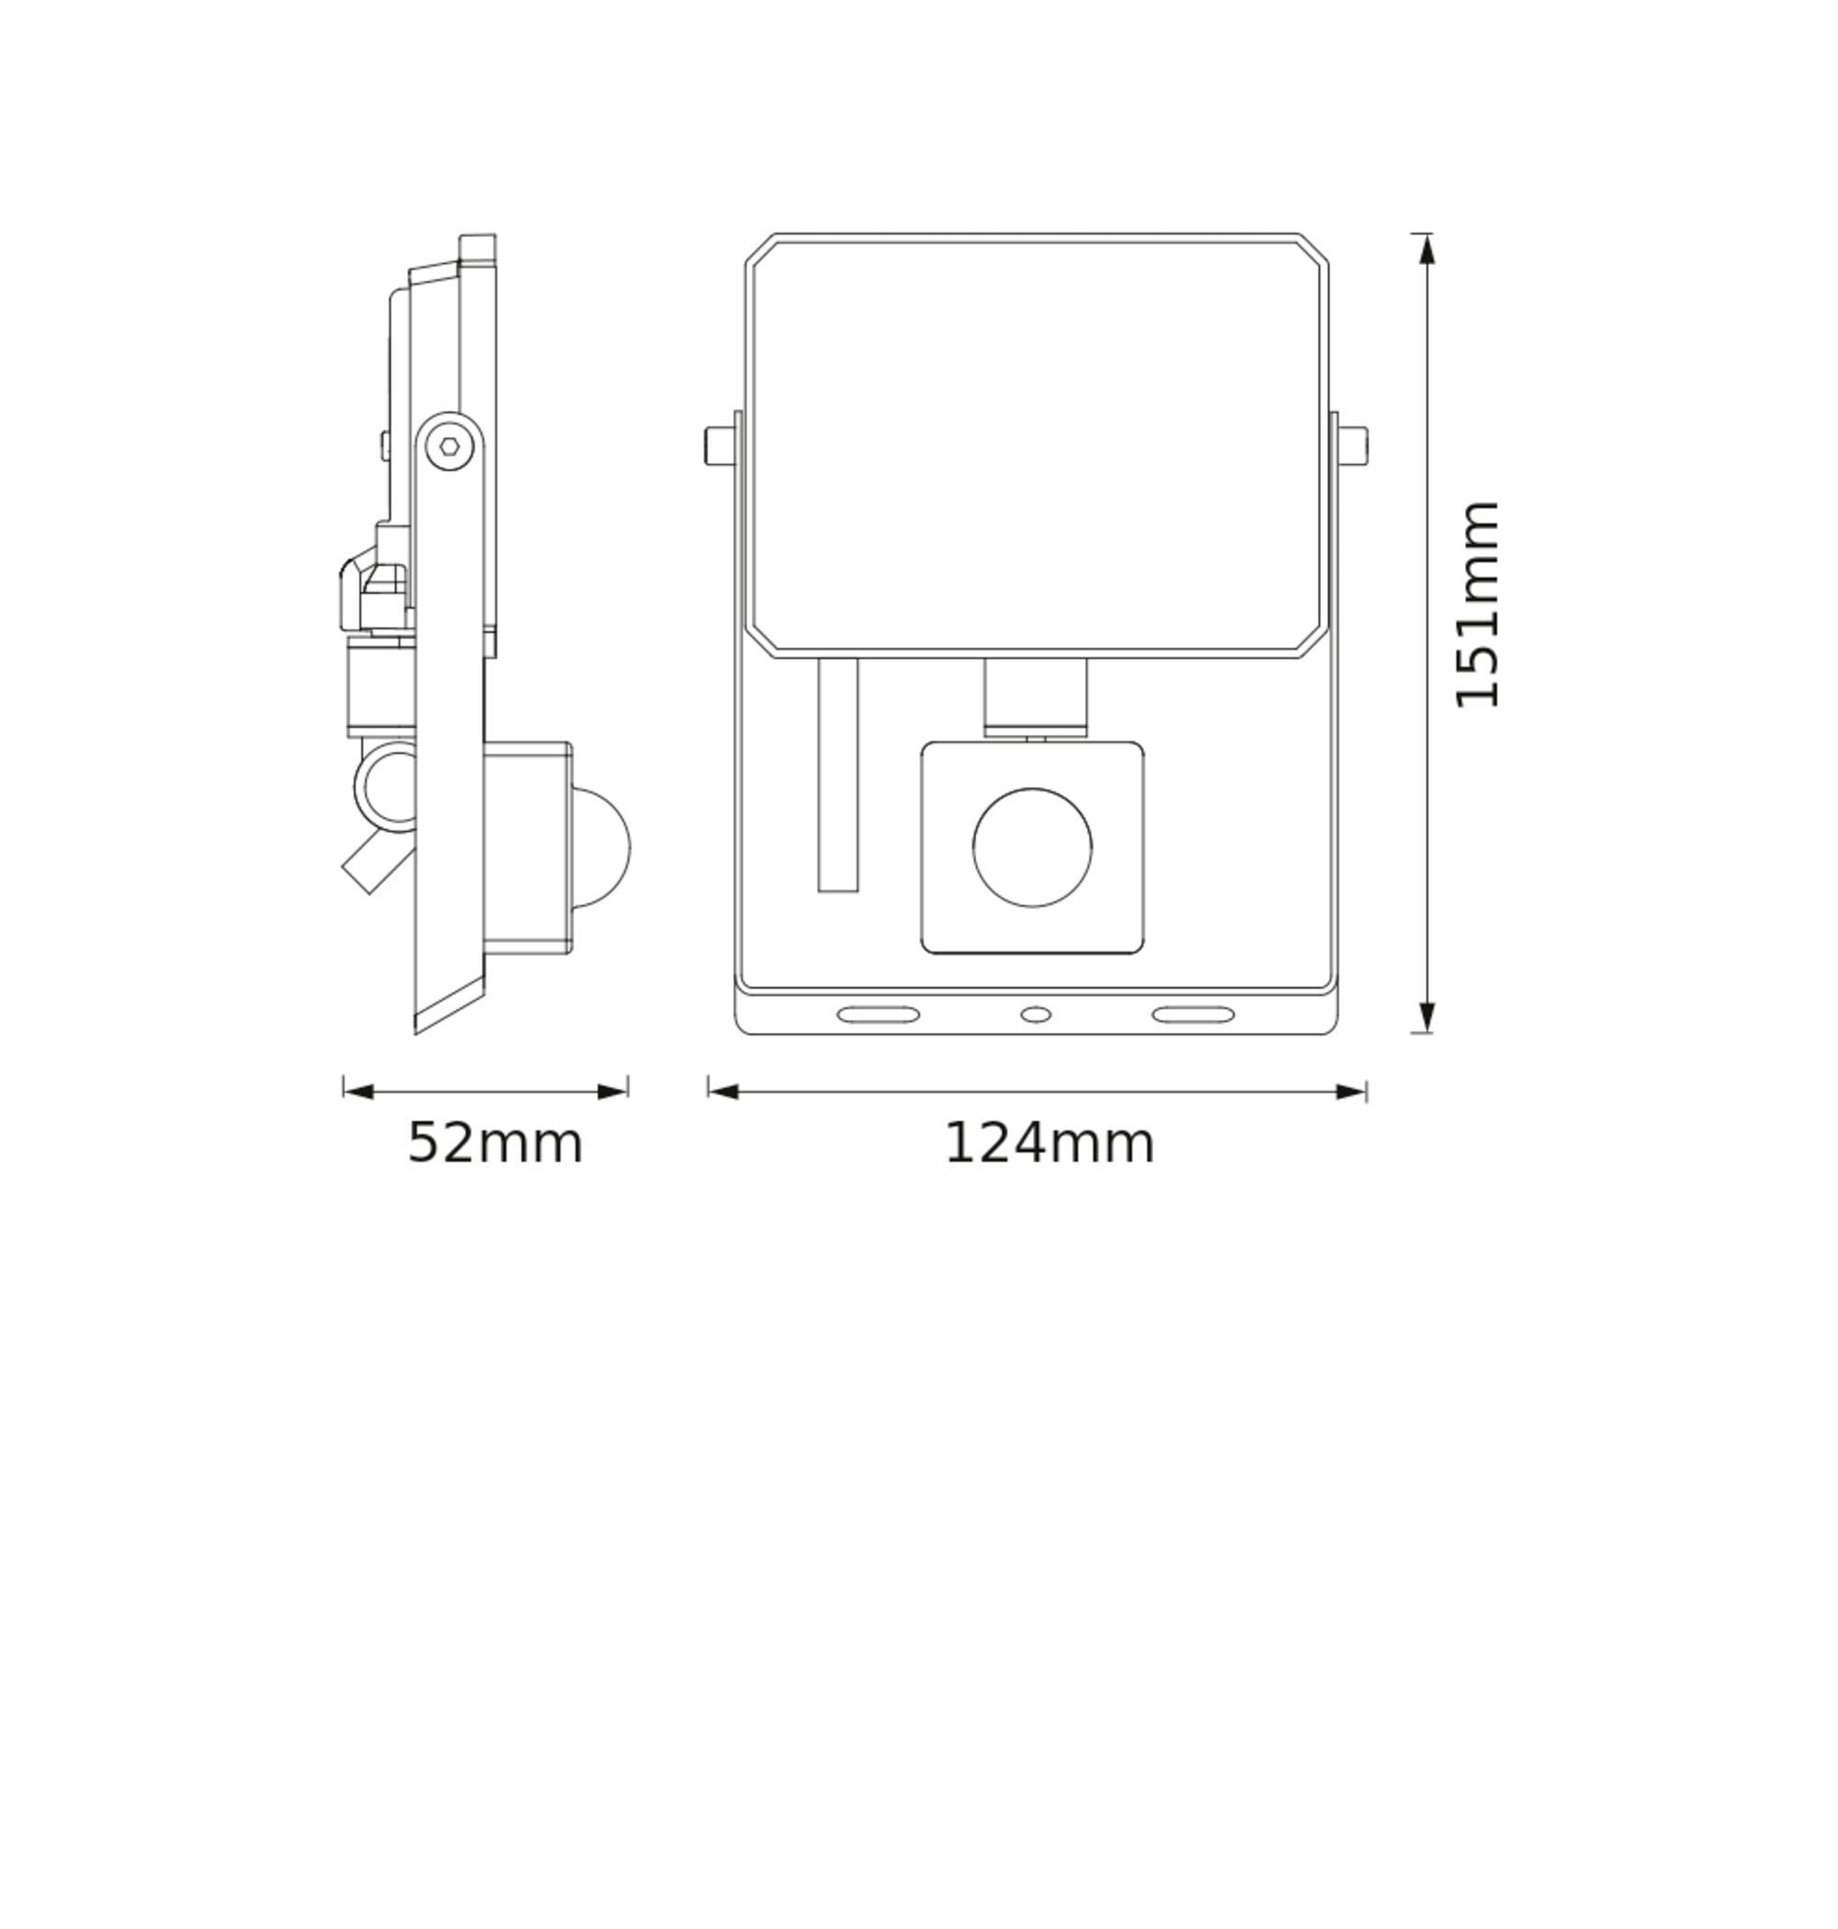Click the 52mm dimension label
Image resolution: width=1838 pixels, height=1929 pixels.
pos(494,1143)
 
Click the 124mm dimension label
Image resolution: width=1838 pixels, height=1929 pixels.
pos(1049,1143)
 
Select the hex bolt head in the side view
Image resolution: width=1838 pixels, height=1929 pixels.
pos(448,447)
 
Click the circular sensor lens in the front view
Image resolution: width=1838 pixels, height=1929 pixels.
pos(1032,847)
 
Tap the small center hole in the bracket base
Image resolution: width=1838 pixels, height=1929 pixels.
pos(1036,1015)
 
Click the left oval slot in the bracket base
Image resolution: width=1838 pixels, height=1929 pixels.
pos(878,1015)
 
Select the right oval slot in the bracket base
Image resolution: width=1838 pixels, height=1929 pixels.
pos(1192,1015)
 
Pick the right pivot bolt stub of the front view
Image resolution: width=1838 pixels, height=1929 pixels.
pos(1353,446)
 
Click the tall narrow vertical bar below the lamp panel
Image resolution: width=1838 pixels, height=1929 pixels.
pos(838,774)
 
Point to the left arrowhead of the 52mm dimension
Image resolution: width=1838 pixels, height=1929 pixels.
pos(358,1092)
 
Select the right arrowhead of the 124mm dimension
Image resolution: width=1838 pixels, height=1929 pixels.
pos(1351,1092)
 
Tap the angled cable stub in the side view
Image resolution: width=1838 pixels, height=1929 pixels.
pos(375,862)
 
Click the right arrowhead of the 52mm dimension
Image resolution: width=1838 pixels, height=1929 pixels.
pos(613,1092)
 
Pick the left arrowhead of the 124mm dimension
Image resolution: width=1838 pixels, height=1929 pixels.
pos(723,1092)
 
